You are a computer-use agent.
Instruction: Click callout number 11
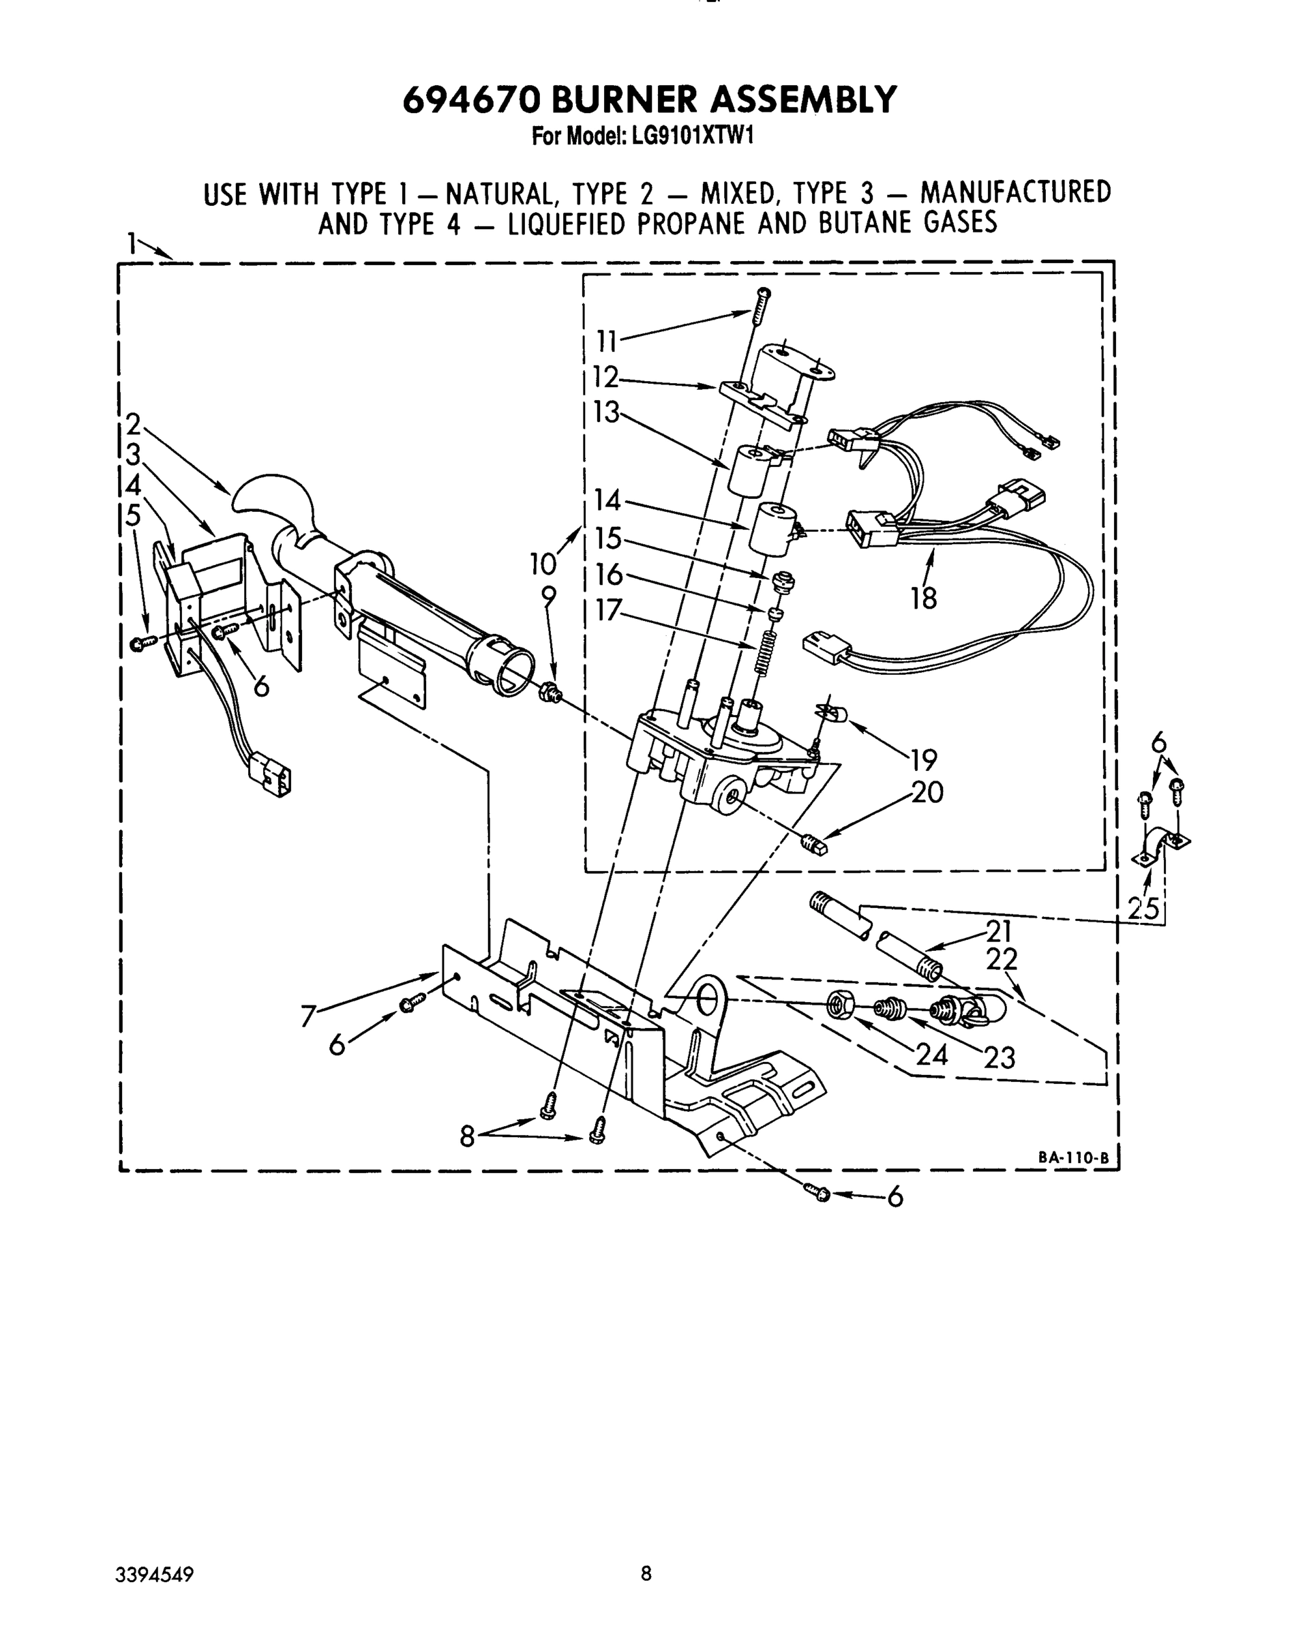click(x=607, y=342)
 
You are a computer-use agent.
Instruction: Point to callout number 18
click(x=924, y=599)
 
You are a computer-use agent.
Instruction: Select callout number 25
click(x=1143, y=909)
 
